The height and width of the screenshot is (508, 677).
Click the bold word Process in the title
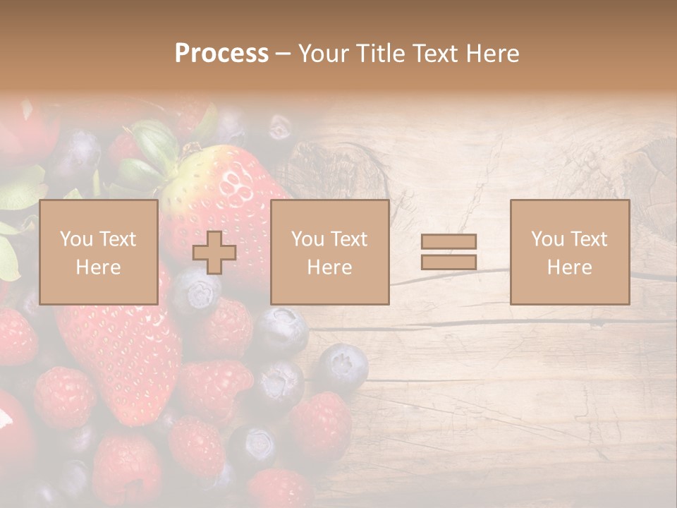point(221,54)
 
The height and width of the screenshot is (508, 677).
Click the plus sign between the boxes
point(214,253)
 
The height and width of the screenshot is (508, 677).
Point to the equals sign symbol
point(449,252)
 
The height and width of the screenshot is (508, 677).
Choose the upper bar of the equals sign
point(449,242)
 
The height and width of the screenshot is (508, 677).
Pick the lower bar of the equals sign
point(449,262)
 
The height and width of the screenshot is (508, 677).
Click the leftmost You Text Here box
point(98,252)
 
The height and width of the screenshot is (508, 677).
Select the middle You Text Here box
point(329,252)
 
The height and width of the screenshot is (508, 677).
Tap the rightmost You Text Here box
point(569,252)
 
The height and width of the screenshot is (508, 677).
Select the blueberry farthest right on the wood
point(342,367)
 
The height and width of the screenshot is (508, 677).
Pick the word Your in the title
point(324,54)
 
